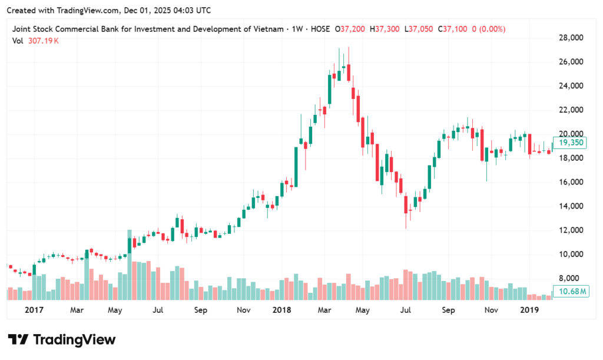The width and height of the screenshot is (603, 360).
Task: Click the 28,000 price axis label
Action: [571, 38]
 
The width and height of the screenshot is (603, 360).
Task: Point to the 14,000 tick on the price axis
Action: [571, 206]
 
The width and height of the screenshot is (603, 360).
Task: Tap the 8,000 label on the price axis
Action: [572, 278]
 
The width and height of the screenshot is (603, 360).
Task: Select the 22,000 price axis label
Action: [571, 110]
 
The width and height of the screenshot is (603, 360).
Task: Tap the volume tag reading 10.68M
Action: [572, 292]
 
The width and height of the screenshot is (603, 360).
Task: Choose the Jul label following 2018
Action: [406, 309]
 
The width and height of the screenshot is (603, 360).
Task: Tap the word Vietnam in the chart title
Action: [261, 29]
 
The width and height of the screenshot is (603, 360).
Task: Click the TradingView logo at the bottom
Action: [61, 340]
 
